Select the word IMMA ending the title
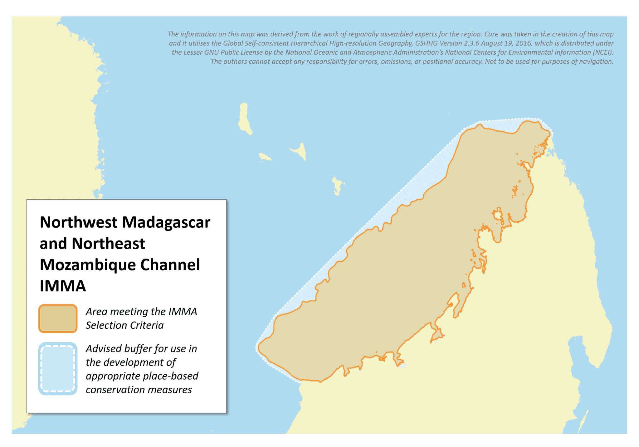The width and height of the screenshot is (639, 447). pos(62,286)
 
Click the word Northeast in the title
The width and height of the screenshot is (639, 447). pos(108,244)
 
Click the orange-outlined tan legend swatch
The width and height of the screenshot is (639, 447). pos(58,318)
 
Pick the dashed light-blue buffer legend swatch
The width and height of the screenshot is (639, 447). pos(58,369)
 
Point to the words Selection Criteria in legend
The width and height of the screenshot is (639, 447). pos(124,325)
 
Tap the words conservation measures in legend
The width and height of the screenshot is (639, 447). pos(139,390)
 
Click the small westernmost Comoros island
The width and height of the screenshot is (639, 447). pos(265,157)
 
